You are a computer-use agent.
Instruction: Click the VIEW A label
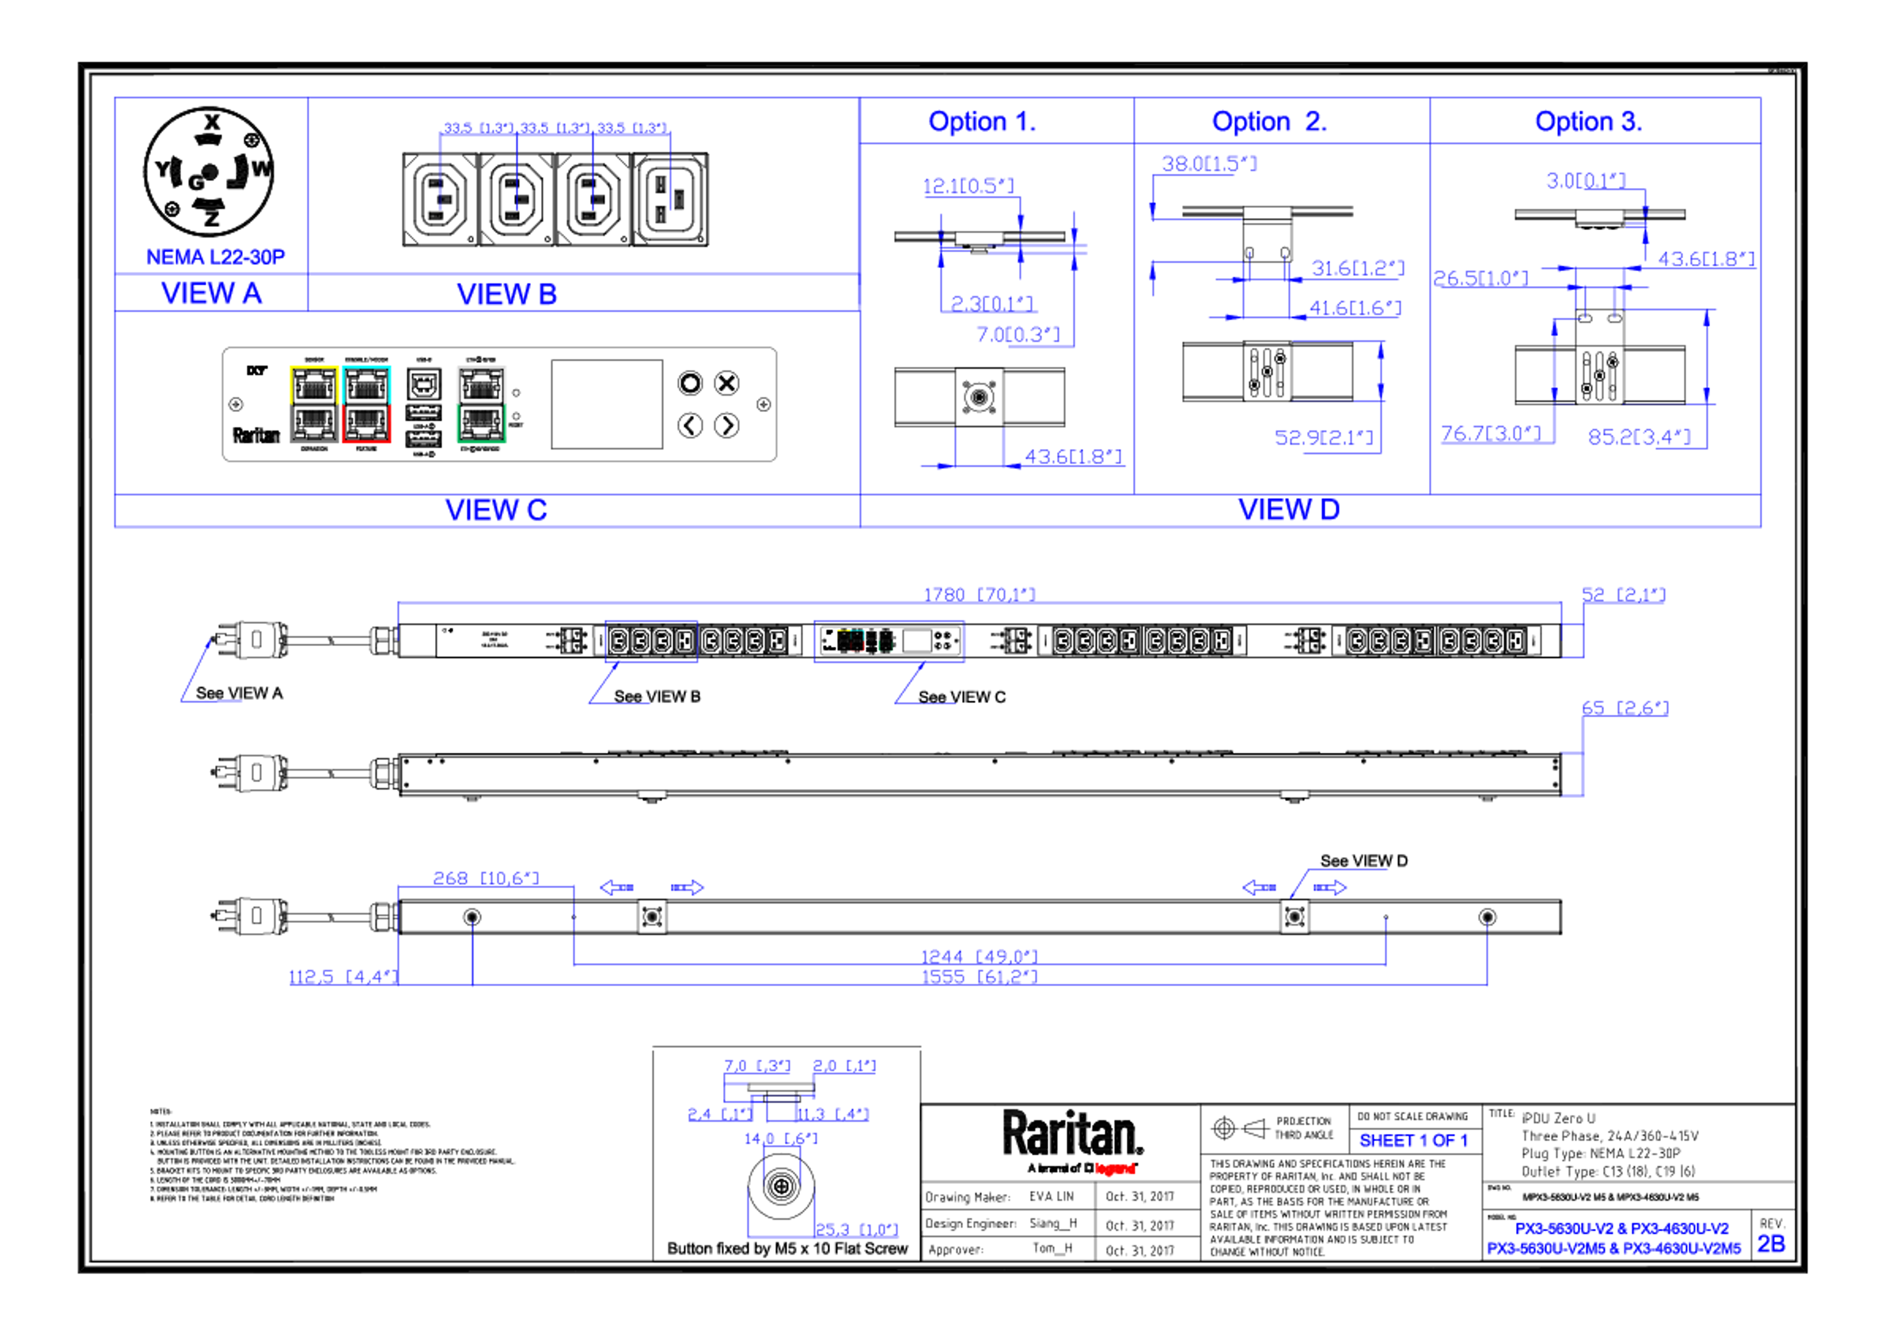pyautogui.click(x=212, y=293)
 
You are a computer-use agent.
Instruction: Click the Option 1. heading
pyautogui.click(x=981, y=122)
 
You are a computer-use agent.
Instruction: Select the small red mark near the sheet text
pyautogui.click(x=1115, y=1169)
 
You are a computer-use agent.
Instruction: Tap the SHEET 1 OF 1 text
pyautogui.click(x=1413, y=1141)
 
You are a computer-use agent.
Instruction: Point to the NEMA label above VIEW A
pyautogui.click(x=216, y=257)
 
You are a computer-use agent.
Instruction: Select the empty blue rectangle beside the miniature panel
pyautogui.click(x=651, y=641)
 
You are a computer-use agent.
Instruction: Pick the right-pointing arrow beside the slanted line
pyautogui.click(x=1330, y=887)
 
